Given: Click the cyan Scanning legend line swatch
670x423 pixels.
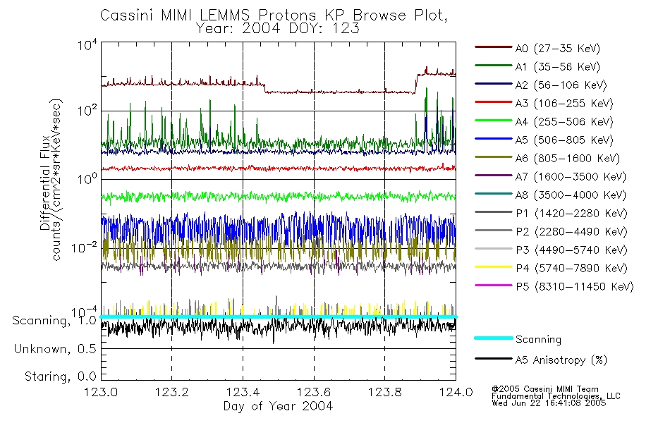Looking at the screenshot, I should pos(492,338).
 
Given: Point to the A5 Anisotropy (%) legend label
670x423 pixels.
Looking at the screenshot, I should pos(560,360).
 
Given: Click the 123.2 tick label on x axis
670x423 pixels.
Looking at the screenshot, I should pos(171,393).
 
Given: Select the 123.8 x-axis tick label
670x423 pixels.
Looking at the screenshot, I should pos(384,393).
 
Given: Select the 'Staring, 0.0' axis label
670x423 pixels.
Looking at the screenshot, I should pos(54,376).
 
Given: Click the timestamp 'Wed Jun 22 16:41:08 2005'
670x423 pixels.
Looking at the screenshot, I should pos(549,404).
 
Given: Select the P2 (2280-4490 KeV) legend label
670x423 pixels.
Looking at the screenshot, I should pos(571,232).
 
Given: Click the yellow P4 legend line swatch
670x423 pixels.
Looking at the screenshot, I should pos(492,269).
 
